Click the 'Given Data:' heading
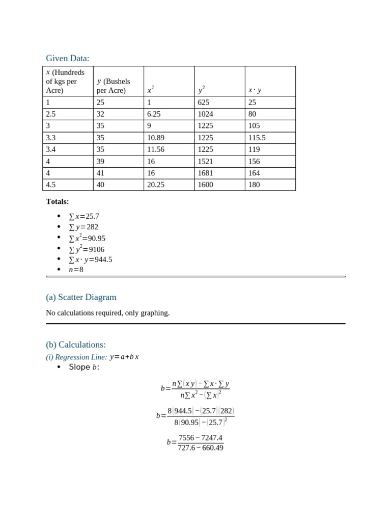67,59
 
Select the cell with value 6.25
154,114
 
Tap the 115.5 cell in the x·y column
257,138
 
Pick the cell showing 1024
206,114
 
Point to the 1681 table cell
206,173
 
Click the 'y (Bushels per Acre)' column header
114,86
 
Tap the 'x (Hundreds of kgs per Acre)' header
65,81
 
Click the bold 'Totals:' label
57,202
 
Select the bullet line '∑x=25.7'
84,217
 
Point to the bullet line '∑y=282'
83,227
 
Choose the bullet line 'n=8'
76,270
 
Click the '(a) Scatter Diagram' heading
81,297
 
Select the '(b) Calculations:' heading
76,345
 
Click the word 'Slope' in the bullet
79,367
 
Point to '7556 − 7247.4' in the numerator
201,438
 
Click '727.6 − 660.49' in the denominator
201,448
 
